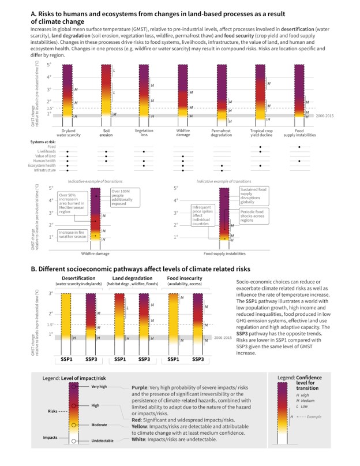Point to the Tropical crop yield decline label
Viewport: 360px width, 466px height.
click(261, 132)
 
